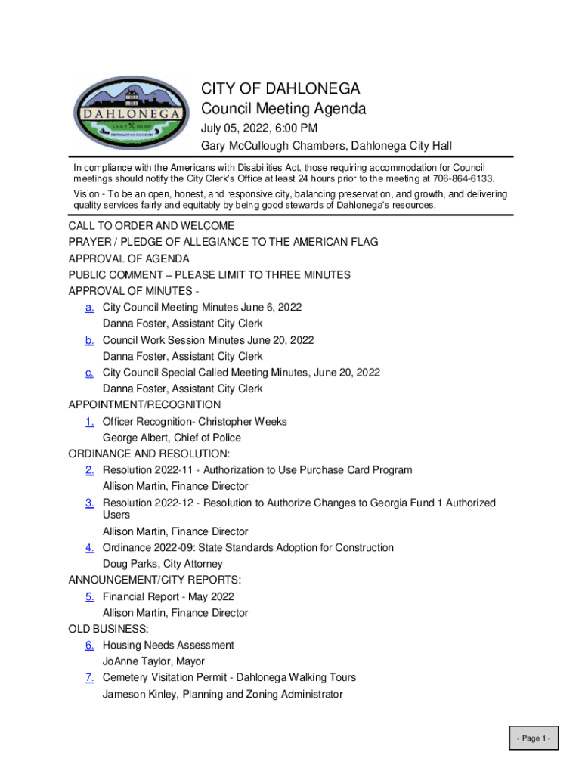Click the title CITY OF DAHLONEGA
[x=280, y=89]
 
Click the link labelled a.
[x=89, y=308]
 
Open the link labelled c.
[x=89, y=373]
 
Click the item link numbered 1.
[x=89, y=422]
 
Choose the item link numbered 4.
[x=89, y=548]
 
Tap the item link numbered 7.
[x=89, y=678]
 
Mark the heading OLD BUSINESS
[x=108, y=629]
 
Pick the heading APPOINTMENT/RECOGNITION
[x=144, y=405]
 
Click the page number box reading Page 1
[x=533, y=738]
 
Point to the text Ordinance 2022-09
[x=147, y=548]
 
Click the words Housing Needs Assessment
[x=168, y=646]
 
